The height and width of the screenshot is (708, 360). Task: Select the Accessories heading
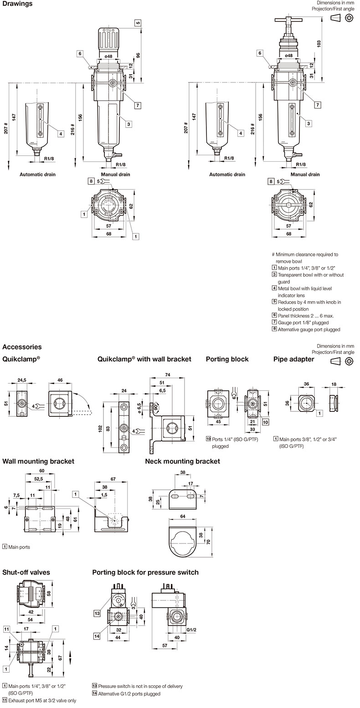tap(22, 347)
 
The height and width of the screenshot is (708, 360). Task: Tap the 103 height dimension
tap(319, 43)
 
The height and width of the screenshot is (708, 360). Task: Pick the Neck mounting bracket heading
tap(182, 461)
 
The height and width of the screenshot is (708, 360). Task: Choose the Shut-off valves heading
tap(26, 572)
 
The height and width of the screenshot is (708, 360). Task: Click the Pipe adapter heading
tap(293, 359)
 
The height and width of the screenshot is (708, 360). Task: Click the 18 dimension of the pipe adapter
tap(334, 385)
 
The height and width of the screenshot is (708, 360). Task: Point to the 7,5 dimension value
tap(16, 495)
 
